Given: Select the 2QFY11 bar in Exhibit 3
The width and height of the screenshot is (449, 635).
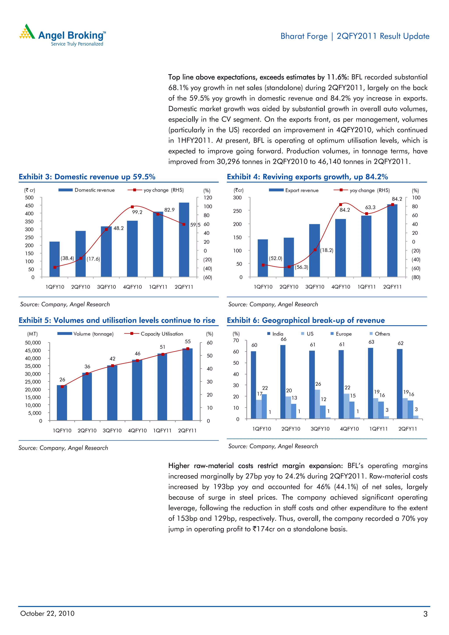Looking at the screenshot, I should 184,240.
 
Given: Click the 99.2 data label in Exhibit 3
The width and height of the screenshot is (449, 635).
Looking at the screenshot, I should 137,212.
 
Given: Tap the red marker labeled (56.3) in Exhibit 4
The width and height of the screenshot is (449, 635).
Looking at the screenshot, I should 289,267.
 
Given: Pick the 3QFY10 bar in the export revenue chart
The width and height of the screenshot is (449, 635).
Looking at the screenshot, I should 315,250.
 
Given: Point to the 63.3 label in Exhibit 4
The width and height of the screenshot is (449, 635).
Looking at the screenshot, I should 370,207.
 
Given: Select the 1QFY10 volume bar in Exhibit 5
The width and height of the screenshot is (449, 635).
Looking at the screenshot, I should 62,403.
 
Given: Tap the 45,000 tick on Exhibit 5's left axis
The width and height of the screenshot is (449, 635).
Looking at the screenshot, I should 33,350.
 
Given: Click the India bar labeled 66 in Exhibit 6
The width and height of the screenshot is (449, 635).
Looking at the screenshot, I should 283,382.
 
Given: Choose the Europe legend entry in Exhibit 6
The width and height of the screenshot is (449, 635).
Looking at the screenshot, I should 343,334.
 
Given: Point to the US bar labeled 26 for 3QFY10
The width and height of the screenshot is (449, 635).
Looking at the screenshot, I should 317,404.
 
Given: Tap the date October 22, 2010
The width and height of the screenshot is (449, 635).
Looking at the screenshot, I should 47,614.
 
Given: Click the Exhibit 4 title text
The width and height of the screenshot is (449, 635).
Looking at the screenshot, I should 307,177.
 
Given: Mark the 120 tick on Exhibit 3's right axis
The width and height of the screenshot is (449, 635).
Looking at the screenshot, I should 208,198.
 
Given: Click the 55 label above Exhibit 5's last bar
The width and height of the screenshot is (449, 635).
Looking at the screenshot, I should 188,342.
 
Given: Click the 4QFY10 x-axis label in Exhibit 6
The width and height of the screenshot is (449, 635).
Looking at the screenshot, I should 349,429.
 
